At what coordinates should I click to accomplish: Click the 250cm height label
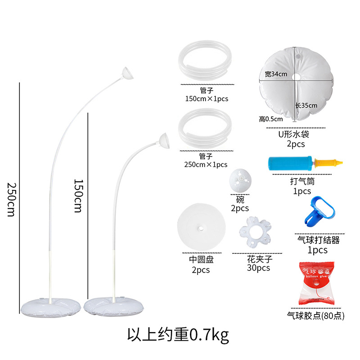(11, 200)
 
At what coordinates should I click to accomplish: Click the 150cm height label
(79, 196)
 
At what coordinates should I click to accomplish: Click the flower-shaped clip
(252, 233)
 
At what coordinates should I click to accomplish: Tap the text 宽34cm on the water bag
(276, 74)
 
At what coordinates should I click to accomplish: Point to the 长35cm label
(306, 106)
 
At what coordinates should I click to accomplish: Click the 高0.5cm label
(270, 119)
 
